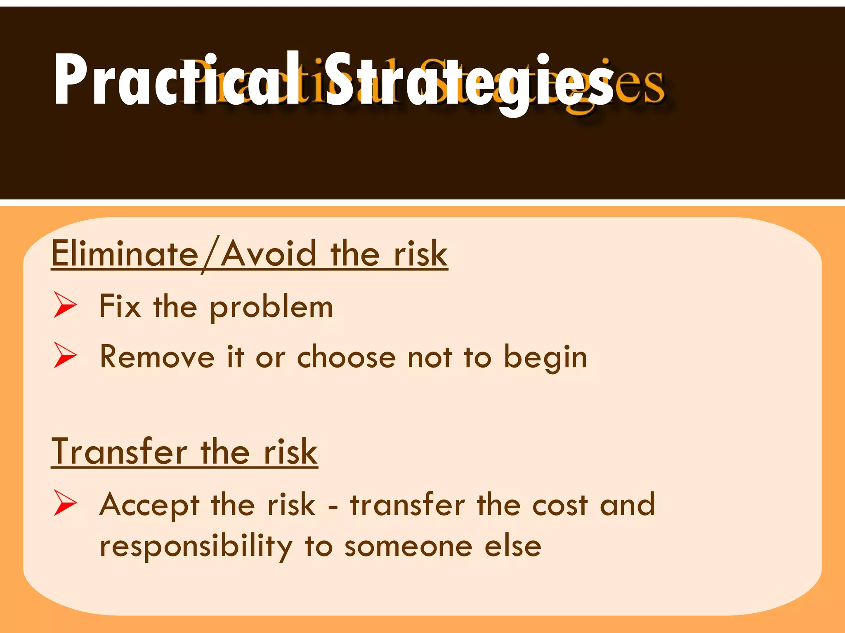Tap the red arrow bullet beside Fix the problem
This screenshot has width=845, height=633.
tap(65, 305)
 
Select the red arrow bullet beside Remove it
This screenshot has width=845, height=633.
tap(65, 355)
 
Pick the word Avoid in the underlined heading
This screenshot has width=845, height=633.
tap(269, 253)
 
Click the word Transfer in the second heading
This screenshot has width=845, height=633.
tap(120, 452)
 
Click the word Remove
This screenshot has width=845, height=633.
tap(157, 356)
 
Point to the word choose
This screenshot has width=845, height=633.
tap(346, 356)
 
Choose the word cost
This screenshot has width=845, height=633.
tap(559, 505)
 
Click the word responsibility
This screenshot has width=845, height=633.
tap(196, 547)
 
